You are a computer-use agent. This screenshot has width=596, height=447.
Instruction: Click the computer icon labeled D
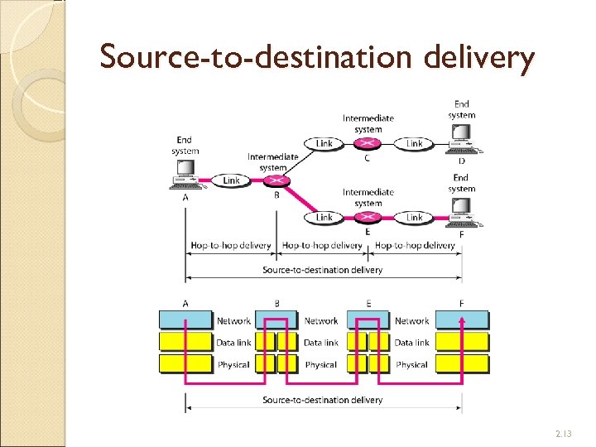click(x=459, y=146)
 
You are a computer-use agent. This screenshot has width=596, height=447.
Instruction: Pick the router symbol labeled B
click(x=276, y=180)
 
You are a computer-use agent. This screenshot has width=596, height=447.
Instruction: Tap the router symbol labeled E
click(x=368, y=218)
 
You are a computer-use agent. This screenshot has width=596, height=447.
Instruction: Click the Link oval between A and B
click(x=231, y=180)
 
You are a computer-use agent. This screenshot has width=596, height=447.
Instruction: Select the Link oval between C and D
click(x=414, y=144)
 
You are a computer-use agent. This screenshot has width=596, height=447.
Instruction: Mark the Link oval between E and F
click(x=414, y=218)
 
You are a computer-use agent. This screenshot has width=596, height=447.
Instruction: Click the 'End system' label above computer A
click(x=185, y=146)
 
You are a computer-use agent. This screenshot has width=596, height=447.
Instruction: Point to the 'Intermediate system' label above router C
click(x=368, y=123)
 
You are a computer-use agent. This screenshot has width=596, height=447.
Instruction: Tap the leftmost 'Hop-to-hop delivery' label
click(x=231, y=245)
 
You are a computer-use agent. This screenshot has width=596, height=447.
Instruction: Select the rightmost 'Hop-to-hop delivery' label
click(x=415, y=245)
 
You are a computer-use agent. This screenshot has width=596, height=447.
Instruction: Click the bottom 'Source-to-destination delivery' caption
click(x=322, y=400)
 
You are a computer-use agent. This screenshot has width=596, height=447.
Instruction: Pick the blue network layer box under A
click(x=185, y=320)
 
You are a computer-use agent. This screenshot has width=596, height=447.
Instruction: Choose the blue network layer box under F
click(x=462, y=320)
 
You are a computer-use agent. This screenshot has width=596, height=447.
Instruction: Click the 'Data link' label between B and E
click(x=321, y=342)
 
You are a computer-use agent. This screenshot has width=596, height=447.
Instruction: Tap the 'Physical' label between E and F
click(x=411, y=364)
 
